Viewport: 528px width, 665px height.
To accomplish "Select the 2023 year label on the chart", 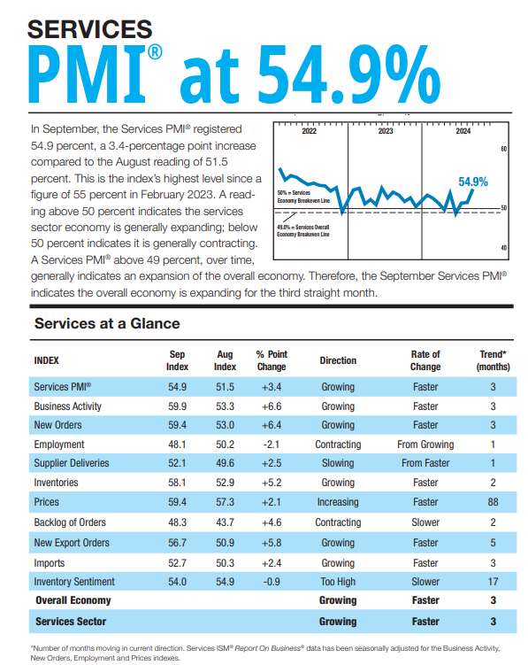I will point(386,131).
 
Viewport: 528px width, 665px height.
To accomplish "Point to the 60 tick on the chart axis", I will point(503,149).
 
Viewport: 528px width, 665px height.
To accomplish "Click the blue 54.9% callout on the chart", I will point(473,182).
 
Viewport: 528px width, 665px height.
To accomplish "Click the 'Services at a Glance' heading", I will point(106,323).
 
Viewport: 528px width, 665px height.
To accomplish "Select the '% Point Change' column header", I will point(271,360).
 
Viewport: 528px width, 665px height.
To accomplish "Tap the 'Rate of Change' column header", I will point(425,360).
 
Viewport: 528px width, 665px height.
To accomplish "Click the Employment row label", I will point(59,445).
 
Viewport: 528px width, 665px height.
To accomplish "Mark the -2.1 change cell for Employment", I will point(271,445).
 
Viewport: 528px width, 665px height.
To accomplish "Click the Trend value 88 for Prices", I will point(493,502).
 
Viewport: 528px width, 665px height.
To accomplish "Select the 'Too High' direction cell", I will point(338,582).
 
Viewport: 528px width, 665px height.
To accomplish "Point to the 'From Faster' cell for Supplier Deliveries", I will point(425,464).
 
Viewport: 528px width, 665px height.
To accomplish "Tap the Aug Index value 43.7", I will point(225,522).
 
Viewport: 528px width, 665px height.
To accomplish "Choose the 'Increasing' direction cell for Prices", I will point(338,502).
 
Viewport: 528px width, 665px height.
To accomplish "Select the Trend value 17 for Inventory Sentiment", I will point(493,582).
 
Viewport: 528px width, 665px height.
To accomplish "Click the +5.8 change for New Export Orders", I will point(271,543).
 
